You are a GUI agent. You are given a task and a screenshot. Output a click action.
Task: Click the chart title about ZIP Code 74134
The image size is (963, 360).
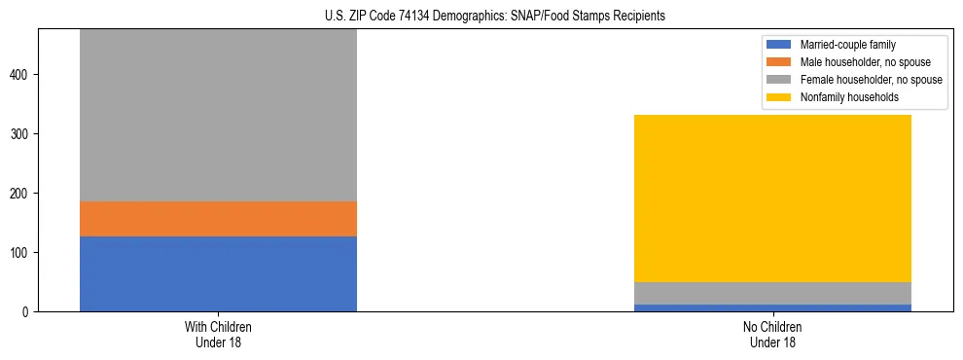point(481,17)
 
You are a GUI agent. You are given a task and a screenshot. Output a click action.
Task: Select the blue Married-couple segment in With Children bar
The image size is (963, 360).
point(218,273)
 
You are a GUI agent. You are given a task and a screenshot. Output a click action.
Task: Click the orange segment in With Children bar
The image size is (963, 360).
point(218,218)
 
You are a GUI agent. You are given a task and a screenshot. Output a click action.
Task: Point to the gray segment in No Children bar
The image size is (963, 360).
point(772,293)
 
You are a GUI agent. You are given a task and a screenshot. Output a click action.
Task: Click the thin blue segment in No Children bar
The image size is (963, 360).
point(772,307)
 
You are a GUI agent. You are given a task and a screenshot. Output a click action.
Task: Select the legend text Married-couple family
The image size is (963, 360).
point(848,45)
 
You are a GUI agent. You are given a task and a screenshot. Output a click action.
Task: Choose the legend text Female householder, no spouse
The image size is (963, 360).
point(871,80)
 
